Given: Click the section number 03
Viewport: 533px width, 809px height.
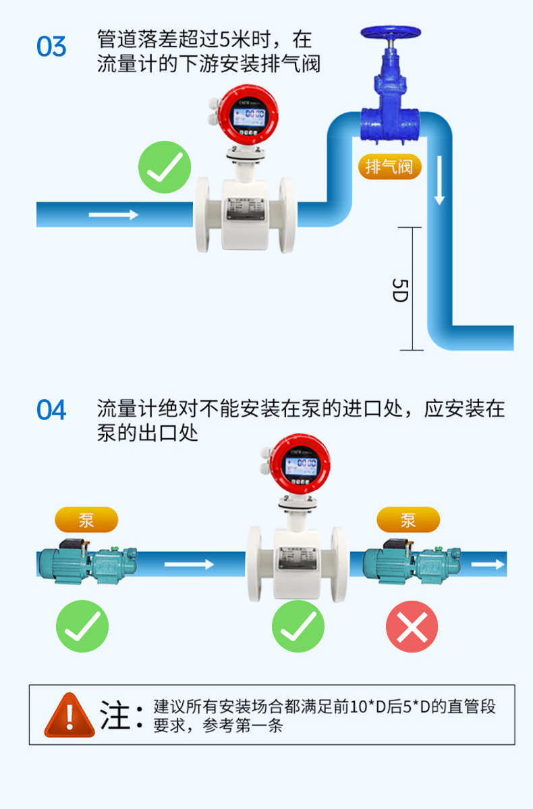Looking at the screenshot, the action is pos(51,47).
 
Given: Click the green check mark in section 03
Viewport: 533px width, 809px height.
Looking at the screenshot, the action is pos(165,168).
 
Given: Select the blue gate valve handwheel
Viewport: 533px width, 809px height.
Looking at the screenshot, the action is pos(390,32).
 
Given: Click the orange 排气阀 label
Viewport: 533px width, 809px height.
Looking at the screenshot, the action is pos(389,167).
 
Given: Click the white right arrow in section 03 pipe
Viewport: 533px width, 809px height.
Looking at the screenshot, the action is pos(113,214).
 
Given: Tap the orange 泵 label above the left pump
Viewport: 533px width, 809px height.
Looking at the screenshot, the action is pos(86,520).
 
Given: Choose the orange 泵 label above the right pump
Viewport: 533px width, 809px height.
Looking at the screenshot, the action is pos(408,520).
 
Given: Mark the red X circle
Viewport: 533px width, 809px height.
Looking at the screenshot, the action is pos(412,627).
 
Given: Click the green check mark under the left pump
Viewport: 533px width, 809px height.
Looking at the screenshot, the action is pos(82,627).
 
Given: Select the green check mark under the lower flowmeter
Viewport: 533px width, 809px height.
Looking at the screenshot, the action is pos(298,627).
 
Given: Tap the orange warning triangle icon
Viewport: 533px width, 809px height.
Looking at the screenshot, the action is pos(69,715).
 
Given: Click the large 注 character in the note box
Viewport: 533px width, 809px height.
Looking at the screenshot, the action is pos(115,715).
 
